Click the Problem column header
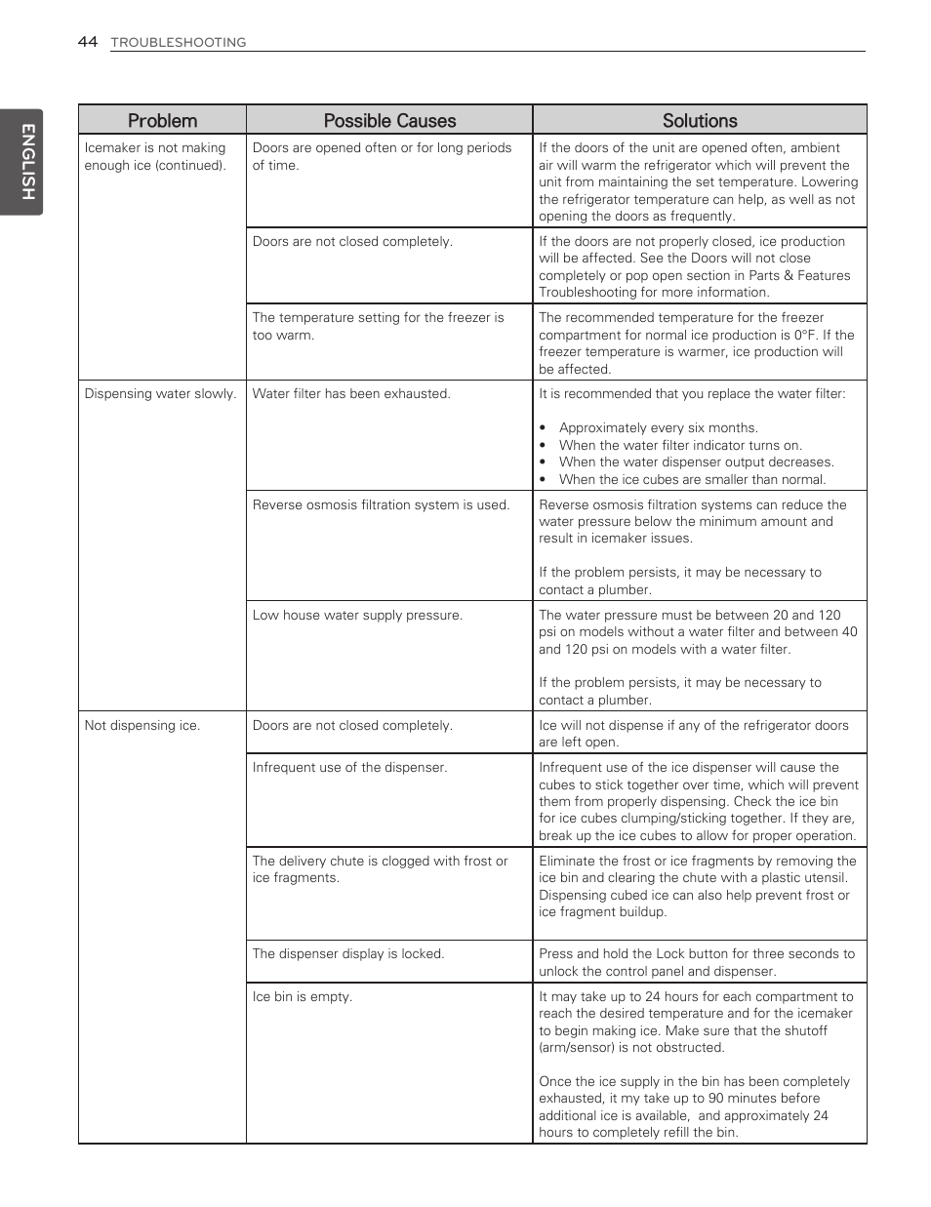click(x=162, y=121)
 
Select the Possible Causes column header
click(x=389, y=121)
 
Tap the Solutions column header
click(x=700, y=121)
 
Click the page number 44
click(x=88, y=42)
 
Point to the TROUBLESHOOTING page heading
click(x=179, y=43)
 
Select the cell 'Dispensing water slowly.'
click(x=160, y=394)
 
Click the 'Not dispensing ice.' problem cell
click(x=142, y=726)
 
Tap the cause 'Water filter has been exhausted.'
click(x=351, y=394)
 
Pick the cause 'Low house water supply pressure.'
click(x=357, y=616)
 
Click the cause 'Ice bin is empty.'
click(x=302, y=997)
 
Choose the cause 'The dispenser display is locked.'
click(x=347, y=954)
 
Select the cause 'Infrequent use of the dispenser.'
click(x=349, y=768)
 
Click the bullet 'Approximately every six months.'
click(x=658, y=428)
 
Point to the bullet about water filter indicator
click(x=679, y=445)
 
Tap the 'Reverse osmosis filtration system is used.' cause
click(x=381, y=505)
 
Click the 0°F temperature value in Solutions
click(x=804, y=336)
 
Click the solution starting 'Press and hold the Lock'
click(x=696, y=962)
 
